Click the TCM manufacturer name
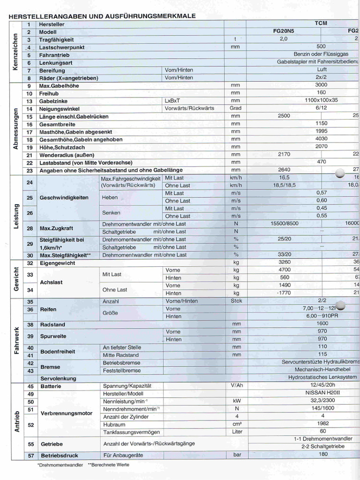[321, 23]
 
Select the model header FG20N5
[284, 31]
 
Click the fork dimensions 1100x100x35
[321, 100]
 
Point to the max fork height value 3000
[321, 85]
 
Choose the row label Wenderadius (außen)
[67, 155]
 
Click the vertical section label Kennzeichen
[15, 51]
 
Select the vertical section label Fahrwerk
[16, 339]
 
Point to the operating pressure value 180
[323, 454]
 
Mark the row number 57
[30, 455]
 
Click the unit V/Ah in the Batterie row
[236, 386]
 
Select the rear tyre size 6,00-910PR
[322, 316]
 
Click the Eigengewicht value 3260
[285, 262]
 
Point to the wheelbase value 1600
[322, 323]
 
